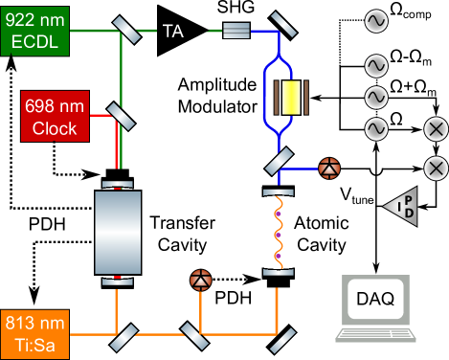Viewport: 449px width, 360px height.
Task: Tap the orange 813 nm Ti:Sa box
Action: point(34,333)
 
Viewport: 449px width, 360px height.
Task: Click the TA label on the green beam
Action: point(173,31)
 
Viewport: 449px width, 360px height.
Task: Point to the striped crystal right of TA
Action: point(236,31)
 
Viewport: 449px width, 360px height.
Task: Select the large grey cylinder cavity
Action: point(119,232)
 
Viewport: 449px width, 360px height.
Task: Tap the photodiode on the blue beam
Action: point(329,167)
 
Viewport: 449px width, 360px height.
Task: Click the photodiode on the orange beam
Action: point(200,281)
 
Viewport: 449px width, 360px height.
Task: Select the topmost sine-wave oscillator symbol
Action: point(375,19)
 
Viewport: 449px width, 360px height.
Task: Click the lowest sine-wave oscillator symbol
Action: point(375,129)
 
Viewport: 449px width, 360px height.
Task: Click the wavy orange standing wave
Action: point(278,231)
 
